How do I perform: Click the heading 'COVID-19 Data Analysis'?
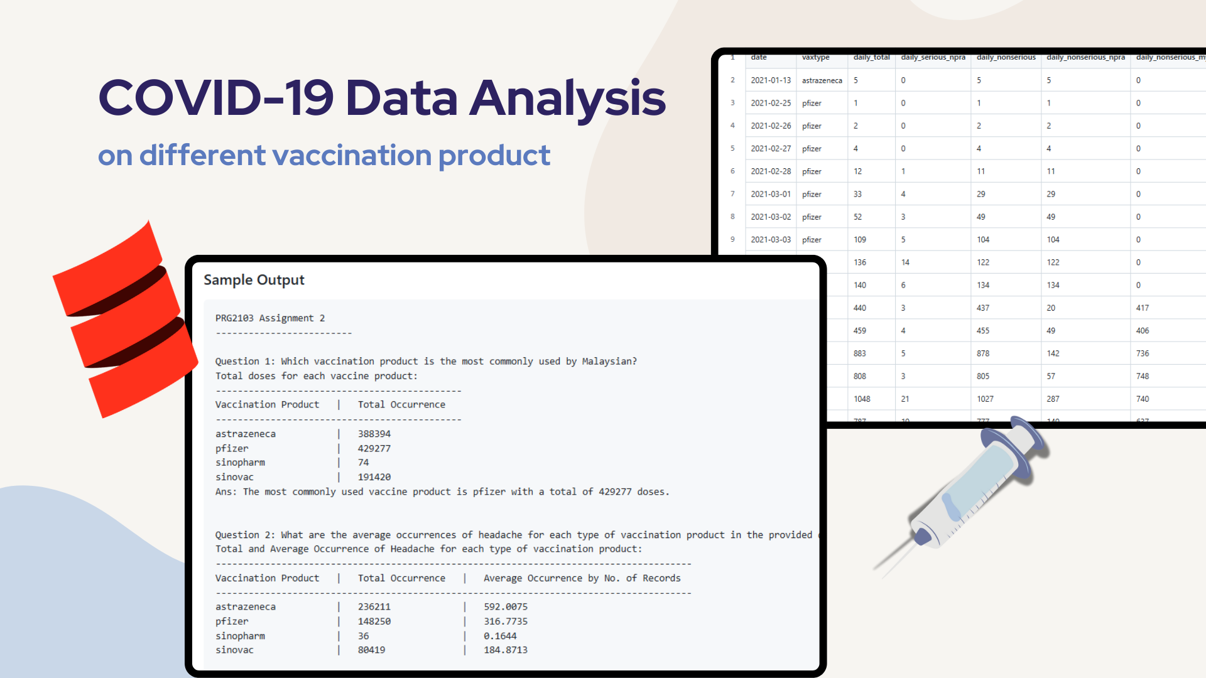381,98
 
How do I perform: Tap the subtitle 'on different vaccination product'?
323,156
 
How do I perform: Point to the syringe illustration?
967,490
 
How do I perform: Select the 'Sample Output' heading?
254,280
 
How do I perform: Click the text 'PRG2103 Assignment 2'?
270,318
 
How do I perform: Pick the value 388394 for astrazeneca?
374,434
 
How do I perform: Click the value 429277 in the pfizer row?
374,448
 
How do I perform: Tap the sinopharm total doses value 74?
364,463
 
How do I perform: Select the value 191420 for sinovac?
374,477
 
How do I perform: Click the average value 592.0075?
506,607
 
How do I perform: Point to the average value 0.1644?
500,636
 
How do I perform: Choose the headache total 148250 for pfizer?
374,621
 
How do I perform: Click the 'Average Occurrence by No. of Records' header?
582,578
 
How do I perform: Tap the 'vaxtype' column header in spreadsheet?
815,57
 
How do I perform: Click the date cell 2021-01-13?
771,80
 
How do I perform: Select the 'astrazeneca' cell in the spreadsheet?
822,80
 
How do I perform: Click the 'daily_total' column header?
871,57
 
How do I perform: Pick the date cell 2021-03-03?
771,240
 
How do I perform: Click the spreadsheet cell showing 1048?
862,399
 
